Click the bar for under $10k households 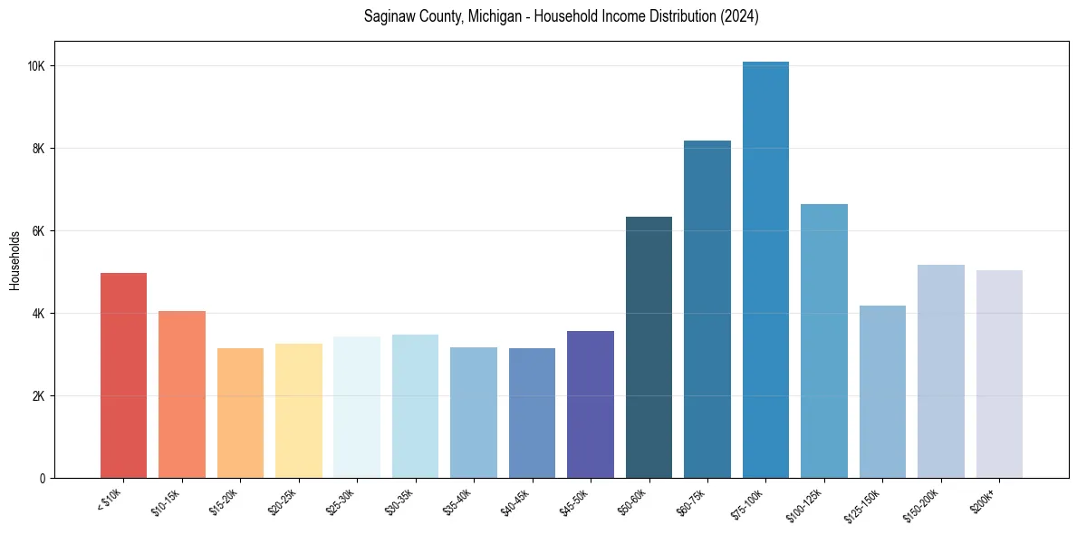tap(123, 375)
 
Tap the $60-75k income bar tap(707, 309)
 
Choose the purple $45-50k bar tap(591, 404)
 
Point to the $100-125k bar tap(824, 341)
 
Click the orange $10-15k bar tap(182, 394)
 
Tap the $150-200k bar tap(941, 371)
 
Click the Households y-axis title tap(14, 260)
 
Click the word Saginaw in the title tap(389, 17)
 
